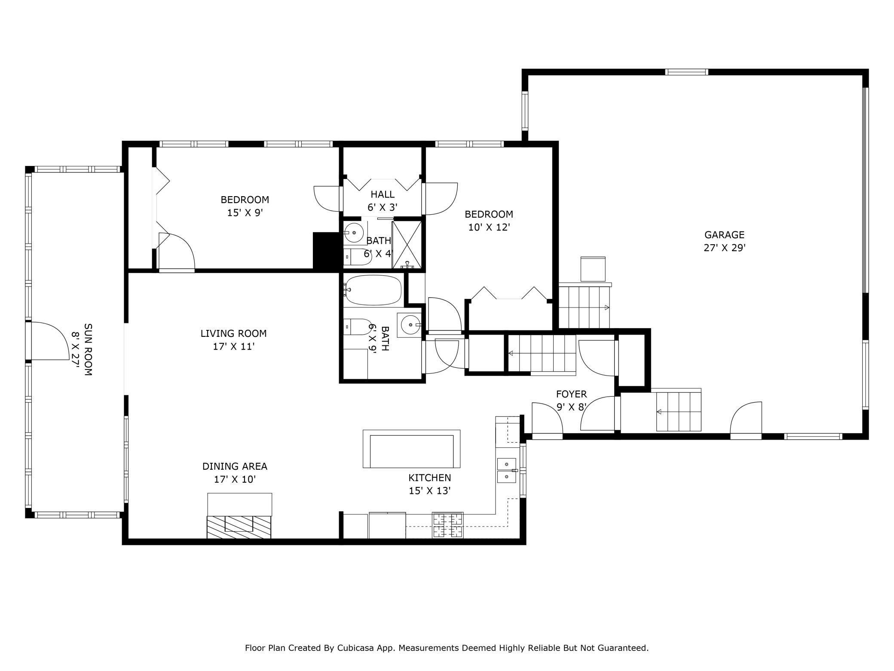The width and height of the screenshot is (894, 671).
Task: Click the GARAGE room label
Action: [x=724, y=235]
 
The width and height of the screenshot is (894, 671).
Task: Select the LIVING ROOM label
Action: [x=233, y=333]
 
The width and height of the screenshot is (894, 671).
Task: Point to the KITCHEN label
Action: [x=429, y=477]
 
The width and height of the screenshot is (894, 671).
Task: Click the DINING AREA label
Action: [x=235, y=466]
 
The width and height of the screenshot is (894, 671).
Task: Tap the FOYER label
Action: [x=571, y=394]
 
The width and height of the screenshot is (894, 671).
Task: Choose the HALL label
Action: [x=383, y=194]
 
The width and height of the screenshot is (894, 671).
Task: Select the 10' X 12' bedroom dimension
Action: [x=489, y=227]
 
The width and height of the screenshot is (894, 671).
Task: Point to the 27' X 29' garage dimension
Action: [x=724, y=248]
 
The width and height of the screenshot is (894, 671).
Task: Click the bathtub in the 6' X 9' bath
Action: [x=373, y=290]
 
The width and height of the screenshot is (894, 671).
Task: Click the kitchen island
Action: [x=411, y=449]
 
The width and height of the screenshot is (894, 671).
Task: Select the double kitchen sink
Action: [x=507, y=471]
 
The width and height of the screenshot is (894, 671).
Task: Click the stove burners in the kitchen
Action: [x=448, y=525]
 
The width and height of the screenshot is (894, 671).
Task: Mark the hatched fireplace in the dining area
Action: [x=239, y=527]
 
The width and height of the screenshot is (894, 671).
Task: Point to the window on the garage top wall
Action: [x=686, y=72]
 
